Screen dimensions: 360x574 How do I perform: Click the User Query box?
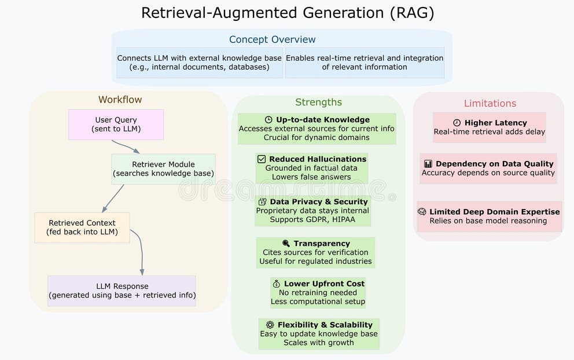tap(116, 124)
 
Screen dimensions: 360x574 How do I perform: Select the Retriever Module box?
tap(163, 168)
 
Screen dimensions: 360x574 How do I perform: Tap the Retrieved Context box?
tap(82, 227)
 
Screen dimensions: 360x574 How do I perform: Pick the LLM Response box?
tap(122, 291)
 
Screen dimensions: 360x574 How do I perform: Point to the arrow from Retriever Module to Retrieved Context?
tap(113, 199)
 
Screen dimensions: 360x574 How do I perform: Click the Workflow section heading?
tap(120, 100)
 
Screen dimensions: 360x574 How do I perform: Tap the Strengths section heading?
tap(318, 102)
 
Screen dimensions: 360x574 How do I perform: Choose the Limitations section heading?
tap(490, 104)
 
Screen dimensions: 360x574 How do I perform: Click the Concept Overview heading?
tap(272, 39)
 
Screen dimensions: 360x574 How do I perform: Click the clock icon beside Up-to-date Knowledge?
tap(268, 120)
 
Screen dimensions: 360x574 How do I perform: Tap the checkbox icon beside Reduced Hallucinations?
tap(262, 159)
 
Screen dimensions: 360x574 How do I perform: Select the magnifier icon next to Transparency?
tap(286, 244)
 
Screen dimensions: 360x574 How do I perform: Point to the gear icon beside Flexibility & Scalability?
tap(270, 325)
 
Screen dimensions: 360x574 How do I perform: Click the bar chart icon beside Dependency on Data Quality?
tap(428, 164)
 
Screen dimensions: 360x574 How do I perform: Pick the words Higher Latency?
tap(495, 123)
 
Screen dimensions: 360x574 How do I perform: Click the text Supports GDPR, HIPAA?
tap(313, 219)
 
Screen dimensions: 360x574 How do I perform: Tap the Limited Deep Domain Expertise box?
tap(489, 216)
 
